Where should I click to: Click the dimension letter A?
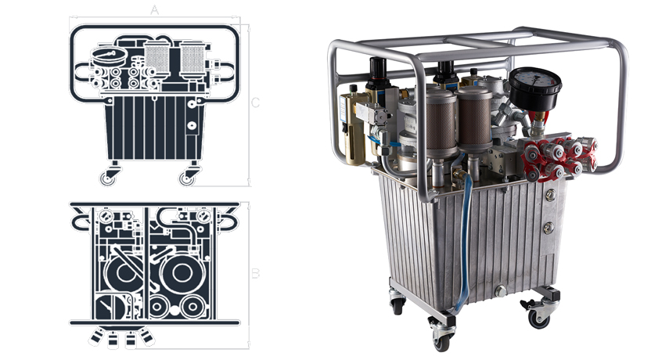[x=154, y=10]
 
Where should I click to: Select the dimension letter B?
[x=255, y=273]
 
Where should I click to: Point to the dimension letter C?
[x=255, y=103]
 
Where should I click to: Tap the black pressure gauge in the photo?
[x=534, y=88]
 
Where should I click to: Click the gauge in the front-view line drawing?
[x=110, y=56]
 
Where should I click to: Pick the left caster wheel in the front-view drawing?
[x=107, y=178]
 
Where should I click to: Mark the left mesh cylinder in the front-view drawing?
[x=157, y=59]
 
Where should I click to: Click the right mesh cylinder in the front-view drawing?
[x=192, y=59]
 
